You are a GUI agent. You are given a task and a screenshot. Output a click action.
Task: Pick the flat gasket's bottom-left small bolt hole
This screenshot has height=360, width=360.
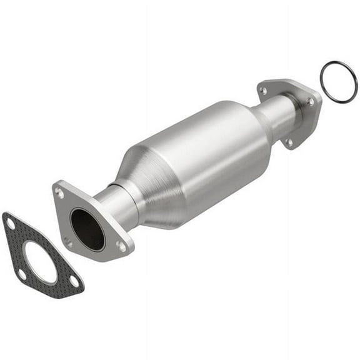(22, 274)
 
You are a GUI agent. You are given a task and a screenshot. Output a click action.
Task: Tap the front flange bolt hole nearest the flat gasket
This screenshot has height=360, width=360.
(67, 241)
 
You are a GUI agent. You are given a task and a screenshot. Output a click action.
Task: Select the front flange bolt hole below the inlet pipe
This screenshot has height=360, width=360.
(121, 246)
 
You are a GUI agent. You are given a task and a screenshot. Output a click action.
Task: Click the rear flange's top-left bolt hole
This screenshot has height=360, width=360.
(263, 91)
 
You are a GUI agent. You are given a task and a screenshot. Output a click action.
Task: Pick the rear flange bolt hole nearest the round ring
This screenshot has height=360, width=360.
(311, 102)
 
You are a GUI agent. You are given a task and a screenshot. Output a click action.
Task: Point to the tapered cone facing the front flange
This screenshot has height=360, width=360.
(141, 181)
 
